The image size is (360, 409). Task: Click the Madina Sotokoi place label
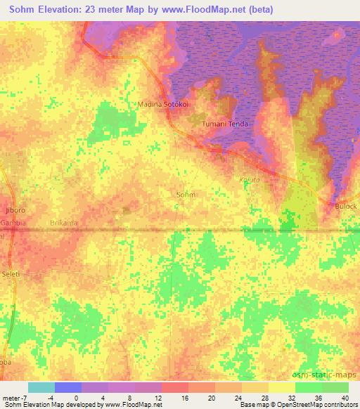(162, 105)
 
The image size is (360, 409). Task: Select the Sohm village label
(186, 194)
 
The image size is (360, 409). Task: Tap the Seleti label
(11, 273)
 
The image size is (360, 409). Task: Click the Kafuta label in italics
(250, 180)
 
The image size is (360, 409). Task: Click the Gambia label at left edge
(13, 222)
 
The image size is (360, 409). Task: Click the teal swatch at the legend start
(41, 387)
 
